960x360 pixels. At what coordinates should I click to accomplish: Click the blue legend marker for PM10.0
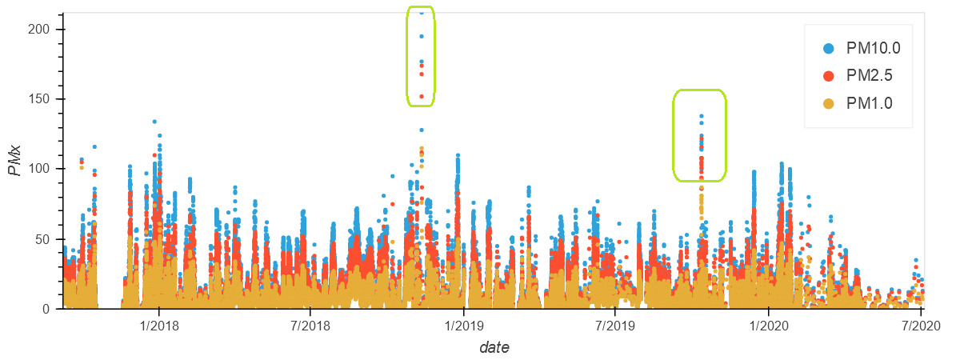829,48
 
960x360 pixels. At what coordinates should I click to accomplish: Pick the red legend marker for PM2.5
829,75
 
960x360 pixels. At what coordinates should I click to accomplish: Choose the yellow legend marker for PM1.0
829,103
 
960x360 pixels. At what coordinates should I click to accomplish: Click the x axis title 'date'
494,347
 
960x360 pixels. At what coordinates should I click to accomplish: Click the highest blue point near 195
422,36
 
